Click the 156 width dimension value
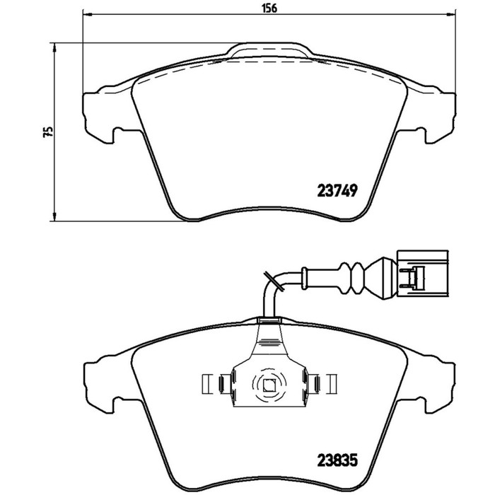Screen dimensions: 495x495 tap(269, 8)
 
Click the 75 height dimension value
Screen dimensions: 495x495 tap(48, 132)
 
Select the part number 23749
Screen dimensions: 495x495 tap(337, 191)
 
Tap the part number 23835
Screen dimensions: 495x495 tap(337, 460)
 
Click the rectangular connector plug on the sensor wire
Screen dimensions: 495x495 tap(422, 274)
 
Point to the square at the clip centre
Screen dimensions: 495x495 tap(269, 385)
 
